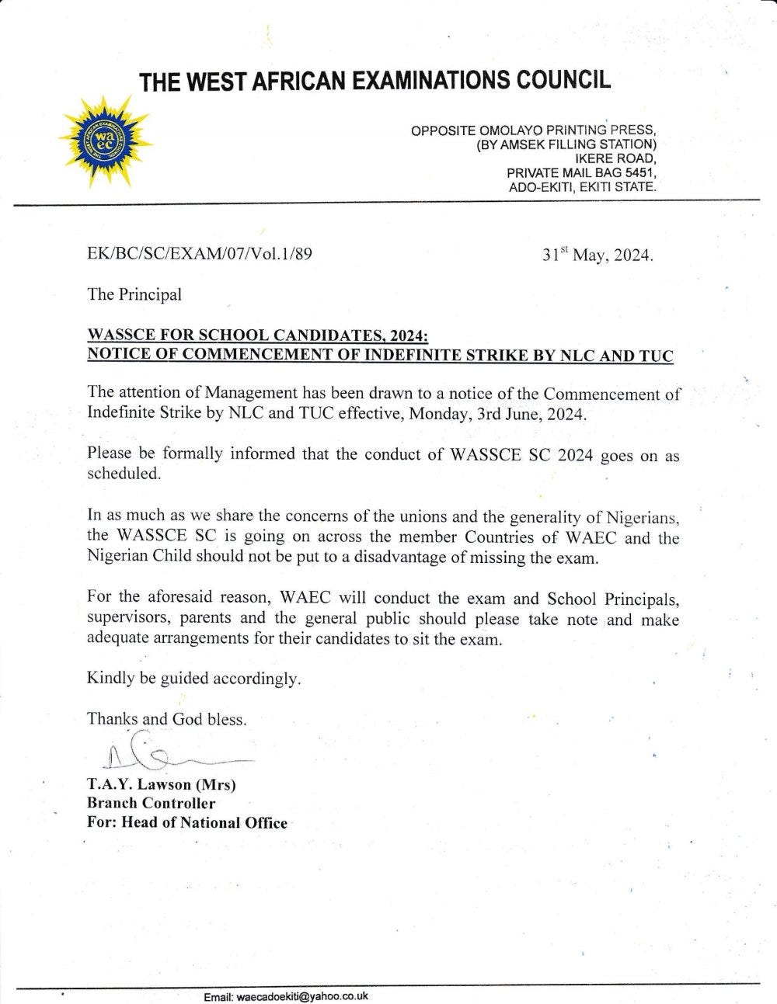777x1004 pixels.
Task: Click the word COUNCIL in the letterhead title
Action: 553,80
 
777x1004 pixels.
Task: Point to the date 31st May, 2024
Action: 598,255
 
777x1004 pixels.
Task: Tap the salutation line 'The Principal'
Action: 134,294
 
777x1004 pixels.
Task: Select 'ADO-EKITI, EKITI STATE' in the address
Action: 582,187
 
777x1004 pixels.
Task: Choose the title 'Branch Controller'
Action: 152,803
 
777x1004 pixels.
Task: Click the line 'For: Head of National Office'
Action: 187,822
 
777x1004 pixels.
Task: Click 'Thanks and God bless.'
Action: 167,718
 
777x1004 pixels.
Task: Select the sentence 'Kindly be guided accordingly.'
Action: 193,678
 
